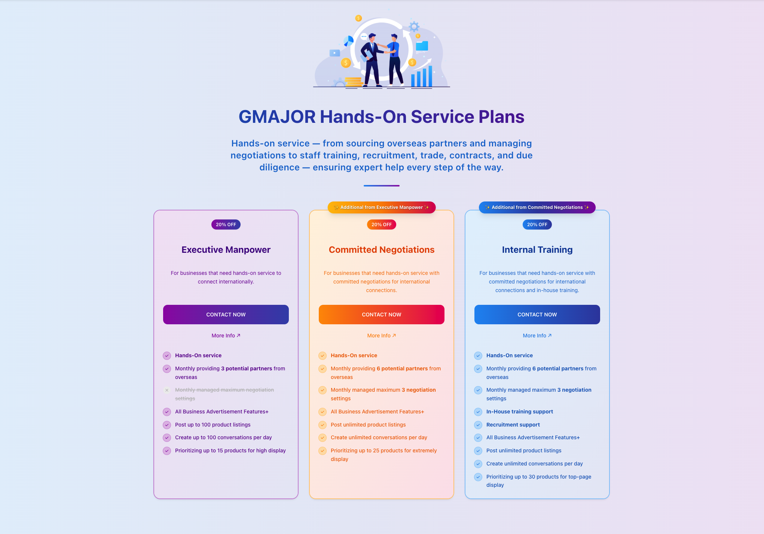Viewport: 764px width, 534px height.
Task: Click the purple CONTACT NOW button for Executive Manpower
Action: (x=226, y=315)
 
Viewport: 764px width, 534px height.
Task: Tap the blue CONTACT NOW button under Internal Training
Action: (x=537, y=315)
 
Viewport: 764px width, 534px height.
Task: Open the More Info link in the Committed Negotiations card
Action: (x=381, y=336)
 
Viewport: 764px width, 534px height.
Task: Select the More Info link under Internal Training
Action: (x=537, y=336)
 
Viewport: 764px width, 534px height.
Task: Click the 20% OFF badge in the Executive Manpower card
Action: (x=226, y=225)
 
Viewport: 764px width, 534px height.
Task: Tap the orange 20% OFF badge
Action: (x=381, y=225)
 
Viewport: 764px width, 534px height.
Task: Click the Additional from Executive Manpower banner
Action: (x=381, y=207)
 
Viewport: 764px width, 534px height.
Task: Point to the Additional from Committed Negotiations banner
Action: (x=537, y=207)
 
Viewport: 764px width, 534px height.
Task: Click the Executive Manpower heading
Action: (x=226, y=250)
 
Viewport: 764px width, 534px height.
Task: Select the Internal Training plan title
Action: (x=537, y=250)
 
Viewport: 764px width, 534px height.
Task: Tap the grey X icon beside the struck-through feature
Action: (x=167, y=390)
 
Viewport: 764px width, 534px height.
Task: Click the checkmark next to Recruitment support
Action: (x=478, y=425)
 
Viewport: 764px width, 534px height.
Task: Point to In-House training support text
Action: (x=519, y=412)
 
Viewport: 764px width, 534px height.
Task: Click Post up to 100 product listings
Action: (x=213, y=425)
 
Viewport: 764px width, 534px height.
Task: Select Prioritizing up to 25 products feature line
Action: (x=383, y=451)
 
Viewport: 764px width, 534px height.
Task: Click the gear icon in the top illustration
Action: (x=414, y=27)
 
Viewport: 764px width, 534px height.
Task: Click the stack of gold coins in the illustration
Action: (x=353, y=82)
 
